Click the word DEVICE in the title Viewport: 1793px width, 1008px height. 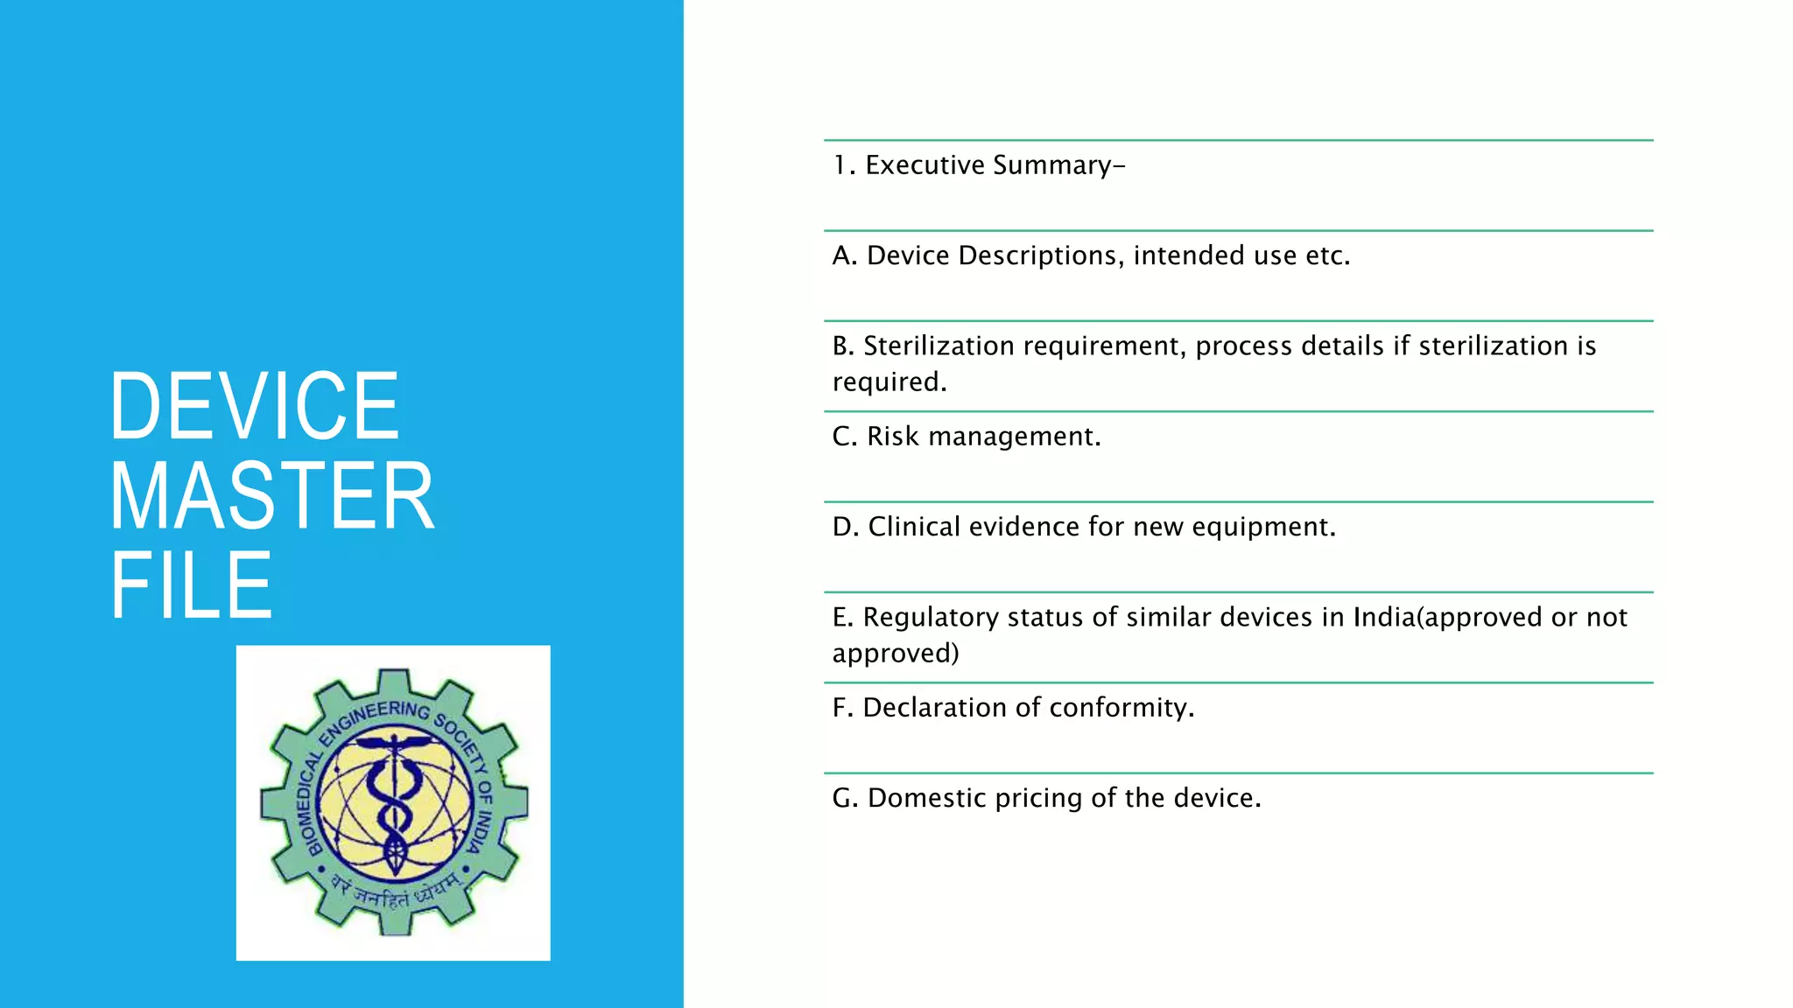tap(254, 406)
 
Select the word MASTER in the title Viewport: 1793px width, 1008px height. tap(271, 496)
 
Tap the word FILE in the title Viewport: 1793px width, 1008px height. tap(191, 585)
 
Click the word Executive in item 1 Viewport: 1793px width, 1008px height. tap(925, 165)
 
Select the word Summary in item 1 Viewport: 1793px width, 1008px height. tap(1052, 165)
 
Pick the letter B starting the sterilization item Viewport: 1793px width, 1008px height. tap(842, 346)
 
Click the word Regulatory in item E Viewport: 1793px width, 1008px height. tap(931, 618)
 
